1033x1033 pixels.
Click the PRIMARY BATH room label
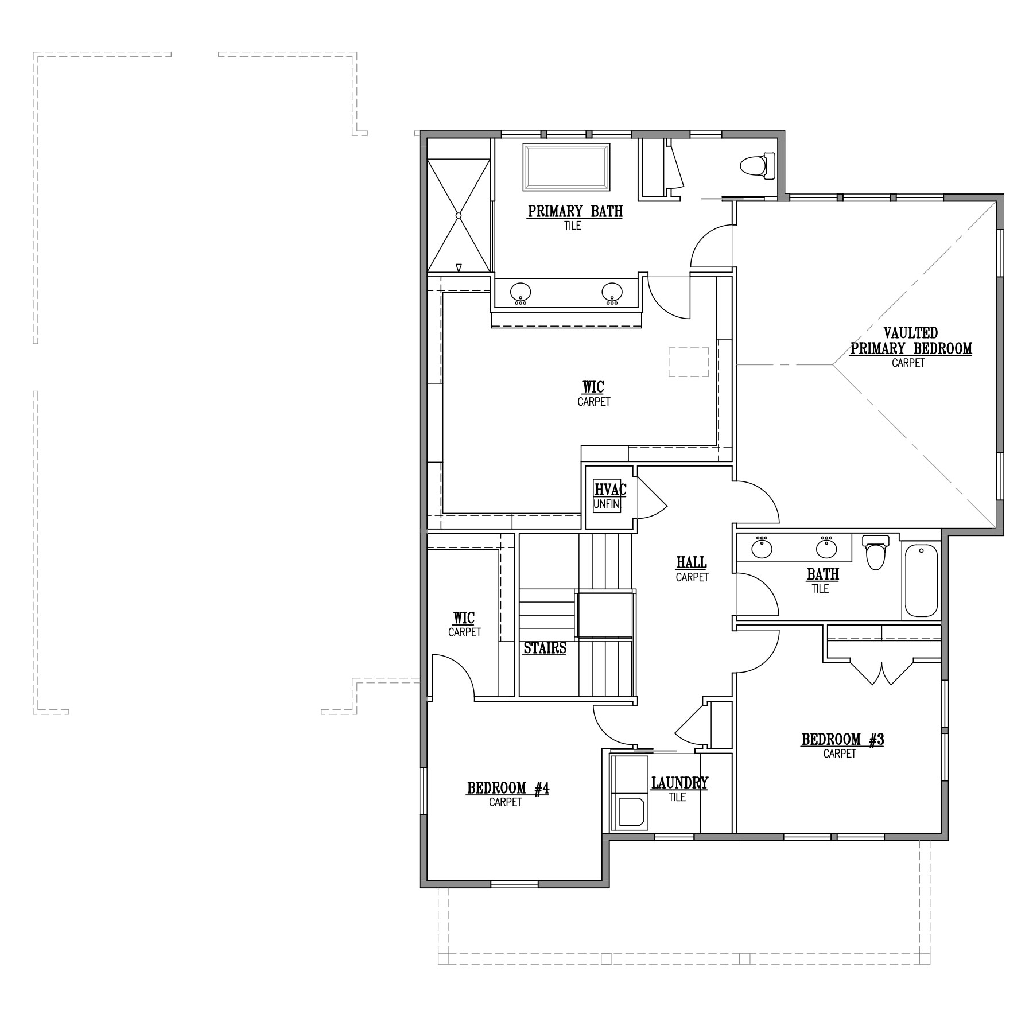[x=575, y=211]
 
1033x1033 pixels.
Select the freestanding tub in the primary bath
[x=566, y=167]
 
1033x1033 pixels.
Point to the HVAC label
[x=610, y=490]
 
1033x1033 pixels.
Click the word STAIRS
[x=545, y=648]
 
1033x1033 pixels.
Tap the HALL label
[x=692, y=562]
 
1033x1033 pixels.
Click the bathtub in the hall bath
[x=921, y=580]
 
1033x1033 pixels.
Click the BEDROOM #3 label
[x=842, y=740]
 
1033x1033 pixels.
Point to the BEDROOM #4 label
[x=508, y=789]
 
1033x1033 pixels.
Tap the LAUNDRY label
[x=679, y=783]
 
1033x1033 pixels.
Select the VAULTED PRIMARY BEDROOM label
[x=911, y=340]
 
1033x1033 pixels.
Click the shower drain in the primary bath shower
[x=459, y=215]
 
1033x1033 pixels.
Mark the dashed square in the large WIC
[x=689, y=362]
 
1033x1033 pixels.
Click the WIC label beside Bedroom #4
[x=464, y=618]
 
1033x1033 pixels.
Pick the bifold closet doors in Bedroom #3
[x=881, y=673]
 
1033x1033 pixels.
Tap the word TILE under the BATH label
[x=820, y=589]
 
